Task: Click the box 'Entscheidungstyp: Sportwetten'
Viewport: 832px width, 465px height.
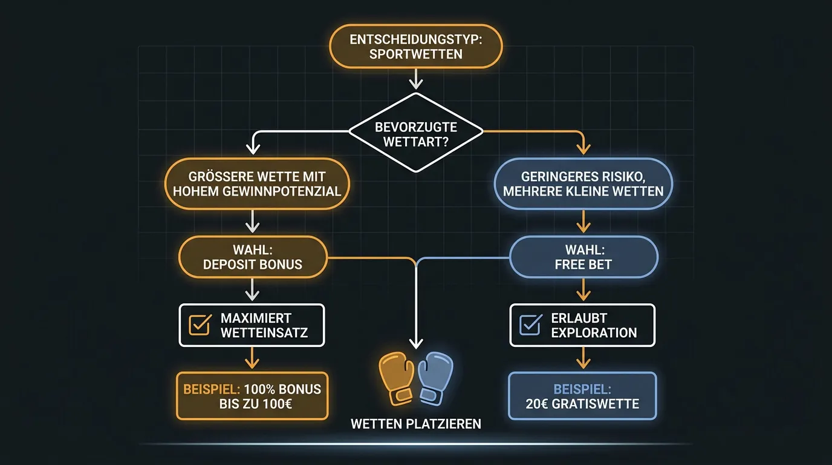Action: pos(415,47)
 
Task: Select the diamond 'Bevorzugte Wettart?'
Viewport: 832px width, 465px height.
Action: pos(416,133)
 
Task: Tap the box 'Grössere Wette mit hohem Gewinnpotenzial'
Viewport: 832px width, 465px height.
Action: pos(257,184)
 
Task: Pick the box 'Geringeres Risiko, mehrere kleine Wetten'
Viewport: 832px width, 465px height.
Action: pos(583,184)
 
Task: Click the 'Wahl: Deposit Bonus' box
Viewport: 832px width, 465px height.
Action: pos(253,257)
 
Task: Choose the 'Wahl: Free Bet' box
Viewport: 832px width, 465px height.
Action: pos(583,257)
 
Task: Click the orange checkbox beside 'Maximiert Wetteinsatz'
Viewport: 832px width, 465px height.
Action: pos(200,325)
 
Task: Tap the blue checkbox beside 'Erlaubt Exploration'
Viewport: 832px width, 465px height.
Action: pos(531,325)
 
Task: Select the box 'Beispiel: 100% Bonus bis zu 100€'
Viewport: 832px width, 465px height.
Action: pos(252,396)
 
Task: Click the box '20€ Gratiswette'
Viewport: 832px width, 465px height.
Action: pos(582,396)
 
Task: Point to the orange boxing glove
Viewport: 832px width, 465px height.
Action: pos(396,378)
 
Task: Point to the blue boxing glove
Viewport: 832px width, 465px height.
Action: pos(436,378)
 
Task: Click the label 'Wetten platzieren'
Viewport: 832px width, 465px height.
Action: pos(416,424)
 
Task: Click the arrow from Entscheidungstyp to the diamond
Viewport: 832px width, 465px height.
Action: pos(416,79)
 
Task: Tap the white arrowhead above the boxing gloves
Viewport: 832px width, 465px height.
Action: pos(416,343)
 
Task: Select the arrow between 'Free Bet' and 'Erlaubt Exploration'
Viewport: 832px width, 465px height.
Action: pos(583,289)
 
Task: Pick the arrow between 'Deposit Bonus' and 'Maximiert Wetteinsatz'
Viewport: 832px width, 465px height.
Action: pos(253,289)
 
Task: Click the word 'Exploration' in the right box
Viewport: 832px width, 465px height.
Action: pos(594,332)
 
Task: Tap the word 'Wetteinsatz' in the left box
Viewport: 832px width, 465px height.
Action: pos(264,332)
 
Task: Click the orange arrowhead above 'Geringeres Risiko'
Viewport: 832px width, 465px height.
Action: pos(583,149)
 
